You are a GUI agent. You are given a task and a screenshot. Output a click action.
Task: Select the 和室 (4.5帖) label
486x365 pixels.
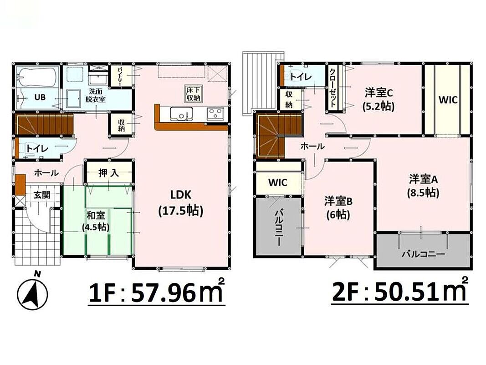96,221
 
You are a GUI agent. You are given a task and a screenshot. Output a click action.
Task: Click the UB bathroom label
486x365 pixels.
40,97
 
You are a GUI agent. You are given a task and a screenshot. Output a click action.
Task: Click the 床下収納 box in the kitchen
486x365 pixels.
194,93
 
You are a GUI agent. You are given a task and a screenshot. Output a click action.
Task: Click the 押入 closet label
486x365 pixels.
108,173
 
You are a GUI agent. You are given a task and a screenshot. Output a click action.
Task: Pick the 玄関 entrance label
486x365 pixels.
42,195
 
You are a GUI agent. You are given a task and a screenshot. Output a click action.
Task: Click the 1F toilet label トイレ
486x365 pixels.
37,148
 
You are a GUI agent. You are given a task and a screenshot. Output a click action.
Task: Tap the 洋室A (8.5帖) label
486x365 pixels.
423,186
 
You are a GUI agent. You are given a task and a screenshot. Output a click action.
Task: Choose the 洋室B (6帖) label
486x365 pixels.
338,208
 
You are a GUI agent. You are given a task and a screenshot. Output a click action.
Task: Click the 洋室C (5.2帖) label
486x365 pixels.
379,99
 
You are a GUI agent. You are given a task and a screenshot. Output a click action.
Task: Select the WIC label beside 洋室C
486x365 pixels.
448,100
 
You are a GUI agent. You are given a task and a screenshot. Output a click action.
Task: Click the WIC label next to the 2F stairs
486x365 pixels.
278,182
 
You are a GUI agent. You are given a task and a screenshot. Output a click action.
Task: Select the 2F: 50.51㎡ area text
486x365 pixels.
400,291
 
